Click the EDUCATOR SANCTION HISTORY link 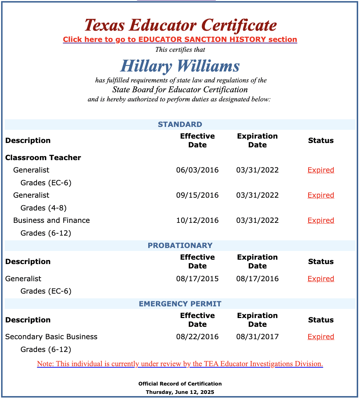(180, 39)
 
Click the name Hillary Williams (180, 66)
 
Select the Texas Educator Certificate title (180, 25)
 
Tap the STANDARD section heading (180, 124)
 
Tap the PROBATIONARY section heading (180, 245)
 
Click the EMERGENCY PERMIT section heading (180, 304)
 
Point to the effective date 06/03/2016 (197, 170)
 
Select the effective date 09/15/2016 (197, 195)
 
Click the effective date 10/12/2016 (197, 220)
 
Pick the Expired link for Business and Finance (321, 220)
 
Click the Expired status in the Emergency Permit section (321, 337)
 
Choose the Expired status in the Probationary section (321, 279)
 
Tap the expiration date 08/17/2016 (257, 279)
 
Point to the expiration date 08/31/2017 (257, 337)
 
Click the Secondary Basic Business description (51, 337)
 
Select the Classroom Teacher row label (43, 158)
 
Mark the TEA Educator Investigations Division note (180, 364)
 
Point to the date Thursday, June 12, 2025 (180, 392)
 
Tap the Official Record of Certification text (180, 384)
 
